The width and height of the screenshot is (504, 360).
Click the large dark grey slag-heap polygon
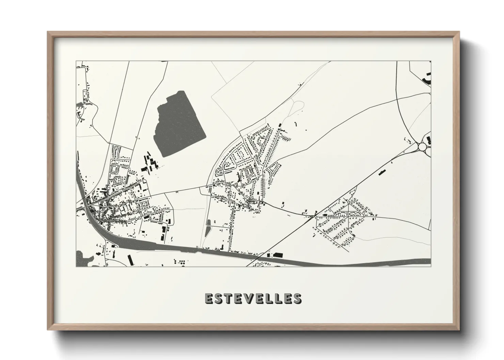179,126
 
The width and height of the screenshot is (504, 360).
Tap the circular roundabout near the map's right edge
423,147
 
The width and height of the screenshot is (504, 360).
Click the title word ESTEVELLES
253,298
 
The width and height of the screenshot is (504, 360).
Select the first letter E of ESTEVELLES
209,298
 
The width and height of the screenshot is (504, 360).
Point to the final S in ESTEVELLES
297,298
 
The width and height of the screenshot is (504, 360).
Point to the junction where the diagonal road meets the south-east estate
315,216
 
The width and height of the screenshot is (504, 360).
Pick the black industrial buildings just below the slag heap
150,162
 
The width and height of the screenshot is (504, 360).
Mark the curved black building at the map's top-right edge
427,80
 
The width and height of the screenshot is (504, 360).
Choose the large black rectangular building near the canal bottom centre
278,255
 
